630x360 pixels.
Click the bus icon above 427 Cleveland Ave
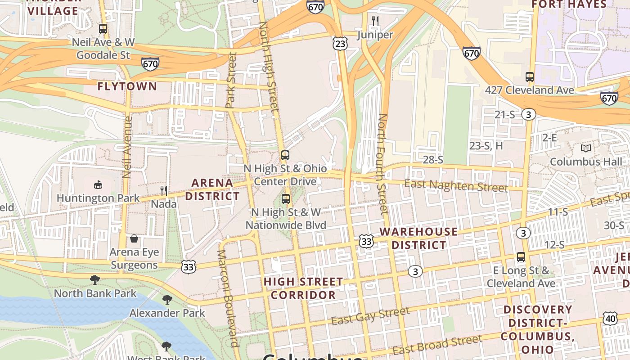tap(530, 77)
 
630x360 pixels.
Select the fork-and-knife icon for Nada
tap(164, 191)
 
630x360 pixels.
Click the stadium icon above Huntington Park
tap(98, 184)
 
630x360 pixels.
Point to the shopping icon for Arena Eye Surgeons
tap(134, 238)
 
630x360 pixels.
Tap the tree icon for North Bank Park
tap(95, 280)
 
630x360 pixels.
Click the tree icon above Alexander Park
tap(167, 299)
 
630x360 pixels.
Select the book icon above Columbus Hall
tap(585, 148)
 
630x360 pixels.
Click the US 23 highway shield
tap(341, 43)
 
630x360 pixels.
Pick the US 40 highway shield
tap(610, 318)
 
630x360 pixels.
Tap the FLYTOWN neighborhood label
tap(127, 86)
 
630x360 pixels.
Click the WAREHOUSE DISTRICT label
tap(418, 238)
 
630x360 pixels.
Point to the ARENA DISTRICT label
tap(212, 189)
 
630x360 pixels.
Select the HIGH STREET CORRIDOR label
tap(303, 288)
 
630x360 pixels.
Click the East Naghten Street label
tap(456, 185)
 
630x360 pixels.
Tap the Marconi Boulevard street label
tap(228, 298)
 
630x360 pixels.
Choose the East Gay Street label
tap(370, 315)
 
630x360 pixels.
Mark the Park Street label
tap(231, 80)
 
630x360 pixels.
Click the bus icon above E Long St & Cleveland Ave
tap(521, 257)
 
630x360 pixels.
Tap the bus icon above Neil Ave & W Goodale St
tap(103, 29)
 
